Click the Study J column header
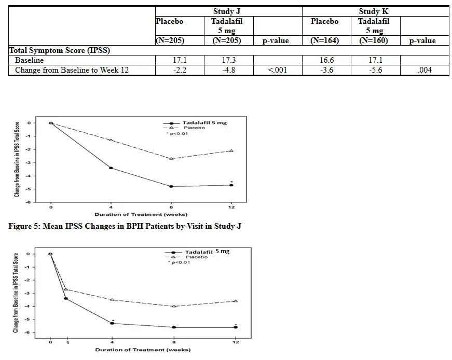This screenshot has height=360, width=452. tap(228, 11)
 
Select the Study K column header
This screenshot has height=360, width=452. tap(374, 11)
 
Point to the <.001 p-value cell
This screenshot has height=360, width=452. tap(277, 70)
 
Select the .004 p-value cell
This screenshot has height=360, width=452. tap(424, 70)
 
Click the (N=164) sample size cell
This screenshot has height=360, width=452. tap(325, 40)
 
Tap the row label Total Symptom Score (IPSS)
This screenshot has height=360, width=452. tap(60, 51)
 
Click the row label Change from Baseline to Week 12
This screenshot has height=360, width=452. tap(72, 70)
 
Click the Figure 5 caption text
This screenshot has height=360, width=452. tap(125, 226)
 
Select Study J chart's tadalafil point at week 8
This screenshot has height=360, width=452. tap(171, 186)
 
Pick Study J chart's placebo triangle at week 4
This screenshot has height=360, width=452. tap(111, 140)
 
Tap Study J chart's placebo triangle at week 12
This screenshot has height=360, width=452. tap(231, 150)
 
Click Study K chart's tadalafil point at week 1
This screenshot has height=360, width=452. tap(66, 298)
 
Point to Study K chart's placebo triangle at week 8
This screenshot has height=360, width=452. tap(174, 306)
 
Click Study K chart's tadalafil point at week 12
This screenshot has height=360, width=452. tap(236, 327)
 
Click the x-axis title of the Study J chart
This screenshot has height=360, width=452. tap(141, 214)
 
